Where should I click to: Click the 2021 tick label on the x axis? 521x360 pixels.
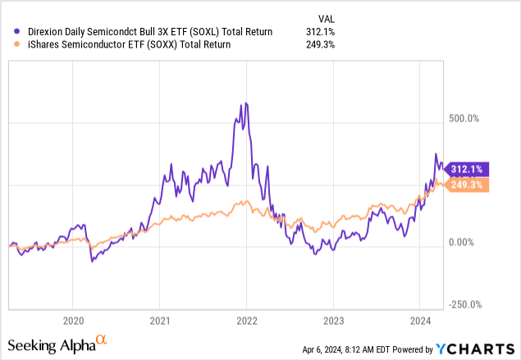tap(160, 320)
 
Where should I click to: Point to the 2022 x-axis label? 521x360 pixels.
tap(247, 320)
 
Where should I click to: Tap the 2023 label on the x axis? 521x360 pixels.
tap(333, 320)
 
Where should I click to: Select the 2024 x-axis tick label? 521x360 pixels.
tap(420, 320)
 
